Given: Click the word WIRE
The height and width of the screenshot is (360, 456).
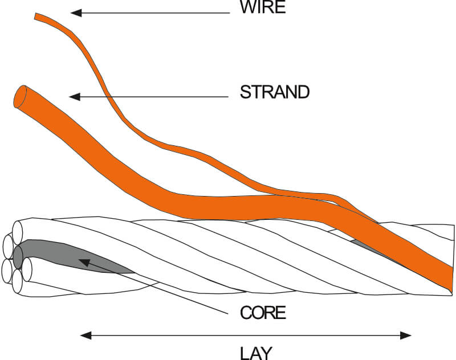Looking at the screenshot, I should click(262, 8).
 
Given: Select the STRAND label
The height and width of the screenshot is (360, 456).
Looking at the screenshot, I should click(274, 92).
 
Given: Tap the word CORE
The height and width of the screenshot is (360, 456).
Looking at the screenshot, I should click(263, 313).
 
